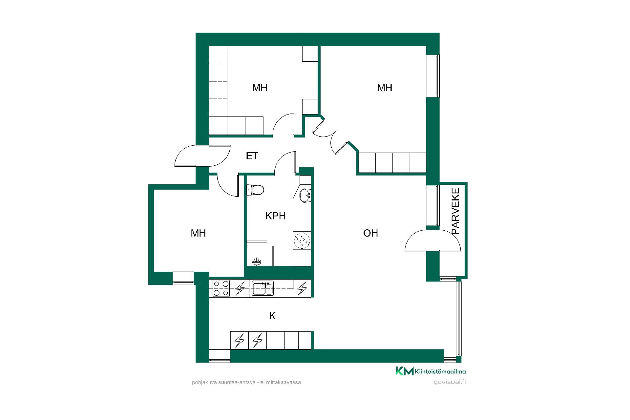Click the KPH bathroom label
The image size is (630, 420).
[275, 216]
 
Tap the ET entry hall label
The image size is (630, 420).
[252, 156]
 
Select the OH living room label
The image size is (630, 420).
[370, 233]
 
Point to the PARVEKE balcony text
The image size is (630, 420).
[455, 211]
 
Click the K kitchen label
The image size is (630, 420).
[272, 316]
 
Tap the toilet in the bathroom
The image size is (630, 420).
[255, 190]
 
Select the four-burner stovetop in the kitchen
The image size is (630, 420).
[221, 288]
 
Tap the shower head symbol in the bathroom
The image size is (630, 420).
[257, 262]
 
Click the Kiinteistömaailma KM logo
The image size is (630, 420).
[430, 371]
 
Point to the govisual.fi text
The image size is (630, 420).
[450, 382]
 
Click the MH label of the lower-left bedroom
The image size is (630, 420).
[198, 233]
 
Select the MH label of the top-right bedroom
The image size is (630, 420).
[385, 87]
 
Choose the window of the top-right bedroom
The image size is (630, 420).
[433, 76]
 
